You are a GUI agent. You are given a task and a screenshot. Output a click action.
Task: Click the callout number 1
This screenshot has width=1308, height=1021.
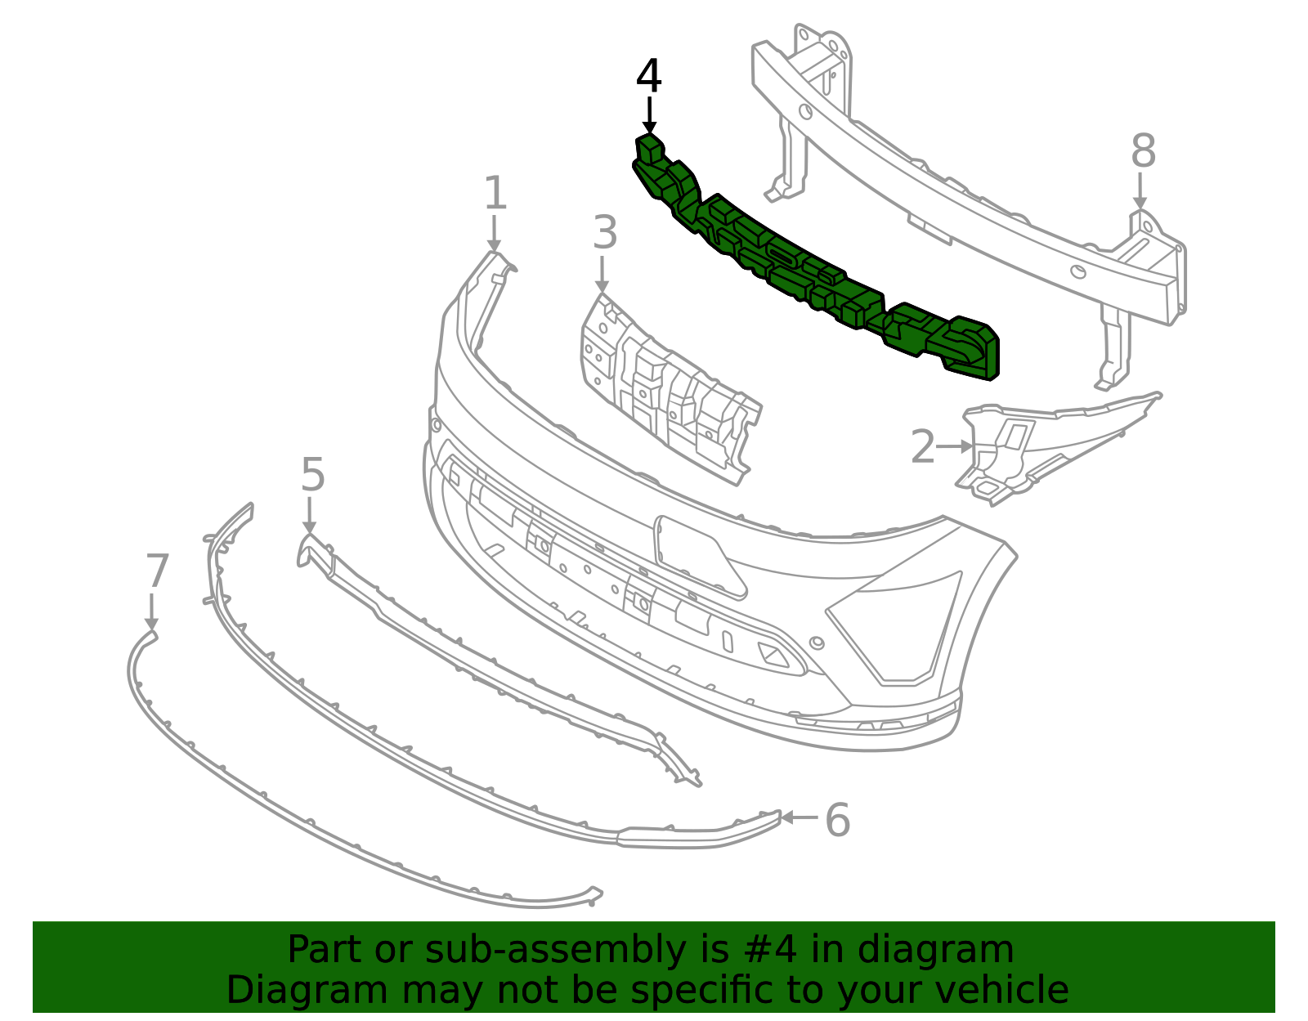[x=495, y=193]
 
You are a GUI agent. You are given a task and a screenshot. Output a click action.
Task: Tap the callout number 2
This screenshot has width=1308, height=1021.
[x=923, y=446]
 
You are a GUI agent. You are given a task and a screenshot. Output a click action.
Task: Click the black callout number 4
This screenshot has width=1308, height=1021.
[x=649, y=76]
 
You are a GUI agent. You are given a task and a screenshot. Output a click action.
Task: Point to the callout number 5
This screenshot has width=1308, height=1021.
[x=313, y=474]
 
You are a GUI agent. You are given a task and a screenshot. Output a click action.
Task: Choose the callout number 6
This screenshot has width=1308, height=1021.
[x=837, y=819]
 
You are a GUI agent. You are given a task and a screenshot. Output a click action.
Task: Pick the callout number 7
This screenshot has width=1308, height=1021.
[x=157, y=571]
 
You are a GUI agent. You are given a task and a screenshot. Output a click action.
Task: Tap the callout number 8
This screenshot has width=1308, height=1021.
[x=1143, y=150]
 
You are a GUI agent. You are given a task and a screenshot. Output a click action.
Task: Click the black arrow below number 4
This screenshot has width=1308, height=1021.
[x=649, y=115]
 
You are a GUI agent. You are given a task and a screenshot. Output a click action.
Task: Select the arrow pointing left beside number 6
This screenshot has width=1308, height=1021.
[x=800, y=817]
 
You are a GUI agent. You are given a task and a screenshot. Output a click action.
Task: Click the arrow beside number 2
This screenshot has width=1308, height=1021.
[x=955, y=446]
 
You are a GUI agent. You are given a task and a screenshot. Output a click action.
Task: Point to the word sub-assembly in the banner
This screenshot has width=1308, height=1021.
[x=556, y=950]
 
